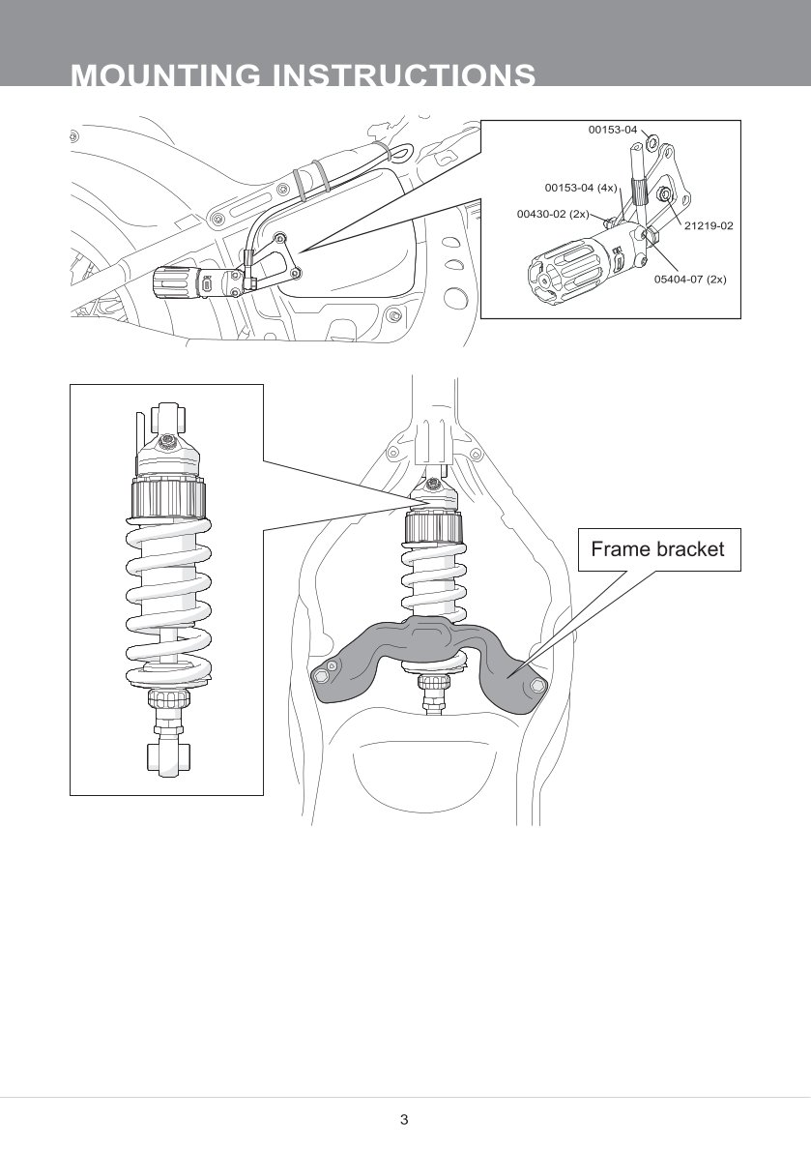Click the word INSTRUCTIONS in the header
tap(406, 76)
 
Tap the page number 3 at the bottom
tap(404, 1120)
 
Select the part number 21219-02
tap(709, 225)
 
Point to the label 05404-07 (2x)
tap(690, 279)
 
